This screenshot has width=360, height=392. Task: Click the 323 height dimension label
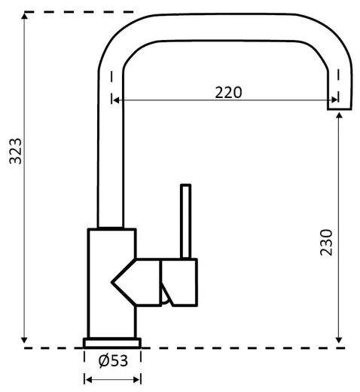[x=15, y=151]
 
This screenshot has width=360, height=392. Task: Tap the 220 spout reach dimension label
[x=228, y=93]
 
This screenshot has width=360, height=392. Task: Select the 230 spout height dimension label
[x=326, y=243]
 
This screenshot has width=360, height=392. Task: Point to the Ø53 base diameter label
[x=113, y=360]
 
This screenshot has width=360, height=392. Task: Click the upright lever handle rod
[x=185, y=222]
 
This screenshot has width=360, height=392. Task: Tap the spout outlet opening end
[x=339, y=109]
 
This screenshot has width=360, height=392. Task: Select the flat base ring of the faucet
[x=112, y=343]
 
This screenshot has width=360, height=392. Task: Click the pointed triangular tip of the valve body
[x=112, y=283]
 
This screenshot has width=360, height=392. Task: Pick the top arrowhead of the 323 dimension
[x=24, y=16]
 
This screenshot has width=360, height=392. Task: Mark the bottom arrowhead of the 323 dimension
[x=24, y=340]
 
